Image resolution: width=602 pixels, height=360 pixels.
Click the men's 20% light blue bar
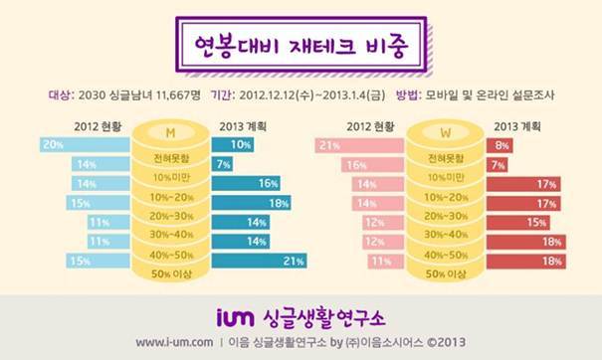(85, 144)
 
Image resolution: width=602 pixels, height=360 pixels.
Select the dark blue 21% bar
(259, 261)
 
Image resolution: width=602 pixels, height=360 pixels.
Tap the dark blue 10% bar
(233, 144)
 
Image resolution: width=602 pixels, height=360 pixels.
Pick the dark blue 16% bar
(246, 183)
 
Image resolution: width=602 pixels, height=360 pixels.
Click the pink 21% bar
(360, 145)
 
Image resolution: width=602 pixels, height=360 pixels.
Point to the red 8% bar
(500, 145)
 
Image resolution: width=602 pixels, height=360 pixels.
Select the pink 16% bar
(373, 165)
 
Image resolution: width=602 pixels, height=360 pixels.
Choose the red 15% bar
(518, 223)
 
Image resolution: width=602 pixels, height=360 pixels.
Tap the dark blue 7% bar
(222, 164)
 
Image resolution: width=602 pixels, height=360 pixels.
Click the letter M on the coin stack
(170, 133)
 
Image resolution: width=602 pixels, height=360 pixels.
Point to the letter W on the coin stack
(446, 133)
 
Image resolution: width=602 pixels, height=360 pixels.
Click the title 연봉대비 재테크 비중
(301, 46)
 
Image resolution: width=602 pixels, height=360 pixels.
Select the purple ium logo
(236, 317)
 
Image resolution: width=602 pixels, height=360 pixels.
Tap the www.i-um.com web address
(174, 342)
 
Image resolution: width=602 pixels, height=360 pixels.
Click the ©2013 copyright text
(447, 342)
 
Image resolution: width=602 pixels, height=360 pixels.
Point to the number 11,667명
(178, 95)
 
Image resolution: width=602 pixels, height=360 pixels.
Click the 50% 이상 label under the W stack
(446, 274)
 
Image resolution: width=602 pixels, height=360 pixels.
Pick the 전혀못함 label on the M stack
(171, 158)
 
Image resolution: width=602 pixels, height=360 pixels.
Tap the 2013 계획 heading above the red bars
(517, 126)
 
